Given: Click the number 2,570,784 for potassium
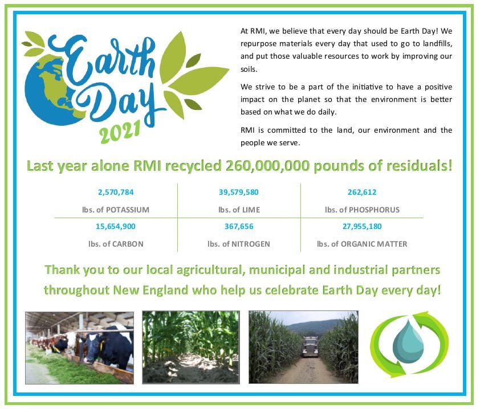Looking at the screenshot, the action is [x=116, y=193].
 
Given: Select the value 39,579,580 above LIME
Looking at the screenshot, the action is [x=238, y=193].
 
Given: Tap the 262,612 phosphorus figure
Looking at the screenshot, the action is [x=362, y=193].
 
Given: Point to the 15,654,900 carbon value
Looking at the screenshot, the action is [x=115, y=227].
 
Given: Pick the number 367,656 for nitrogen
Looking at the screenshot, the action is [x=239, y=227].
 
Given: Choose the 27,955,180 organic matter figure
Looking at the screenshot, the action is [x=362, y=227].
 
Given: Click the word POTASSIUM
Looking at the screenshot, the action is [x=127, y=210].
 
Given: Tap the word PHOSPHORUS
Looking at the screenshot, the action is [x=374, y=210].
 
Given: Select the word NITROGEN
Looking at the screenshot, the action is [x=250, y=244].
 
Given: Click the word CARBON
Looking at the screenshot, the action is [x=128, y=244].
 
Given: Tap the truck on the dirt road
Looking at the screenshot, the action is [x=310, y=347].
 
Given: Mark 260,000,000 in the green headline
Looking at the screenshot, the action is [x=267, y=166].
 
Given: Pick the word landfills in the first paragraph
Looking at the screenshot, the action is [x=437, y=44].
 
